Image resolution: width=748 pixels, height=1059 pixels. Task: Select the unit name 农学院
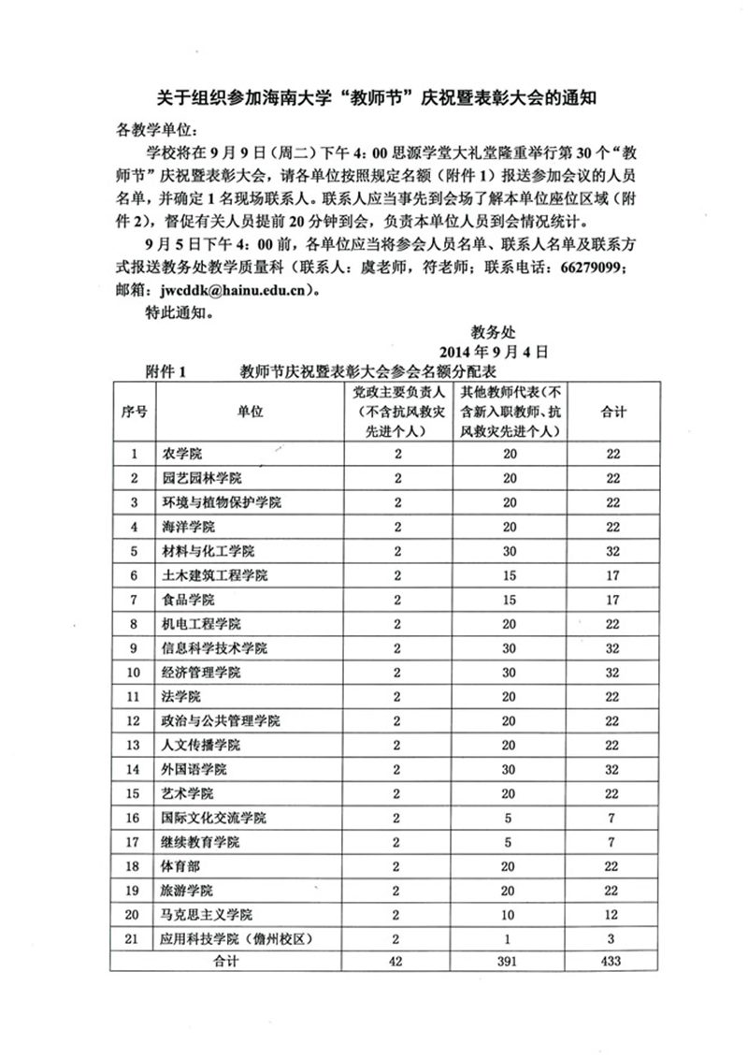tap(182, 454)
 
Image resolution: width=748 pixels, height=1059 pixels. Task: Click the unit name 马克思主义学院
tap(209, 915)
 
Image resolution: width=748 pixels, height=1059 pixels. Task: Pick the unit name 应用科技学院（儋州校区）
tap(235, 939)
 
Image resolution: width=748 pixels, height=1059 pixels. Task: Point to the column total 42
tap(397, 962)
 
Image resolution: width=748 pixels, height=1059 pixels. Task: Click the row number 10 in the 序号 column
tap(135, 673)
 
